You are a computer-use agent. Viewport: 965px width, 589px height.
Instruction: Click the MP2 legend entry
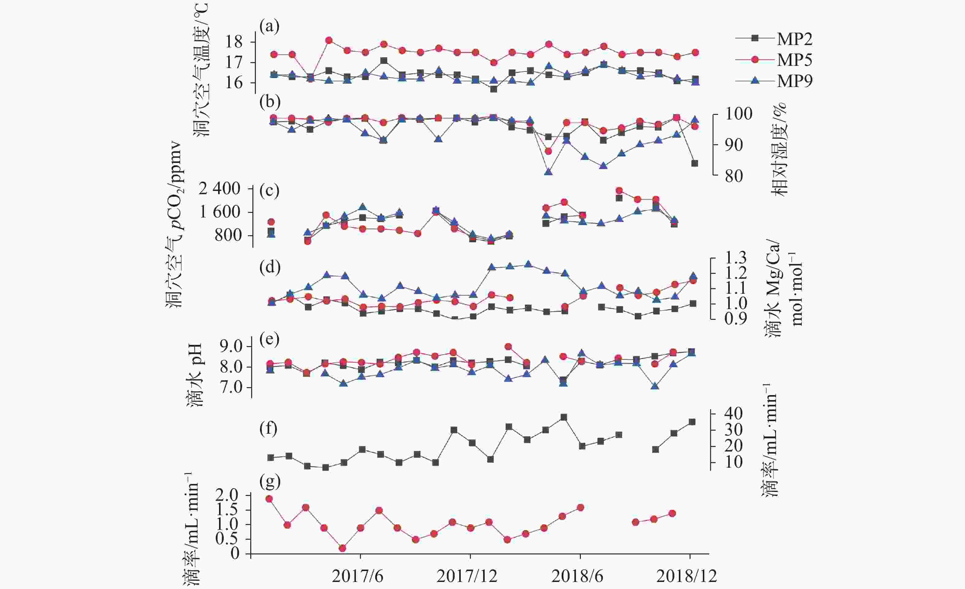794,39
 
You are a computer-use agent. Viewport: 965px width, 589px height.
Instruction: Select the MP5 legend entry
794,60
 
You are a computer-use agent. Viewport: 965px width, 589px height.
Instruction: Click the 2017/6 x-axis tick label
357,576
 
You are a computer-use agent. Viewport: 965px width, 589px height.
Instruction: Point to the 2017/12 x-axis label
467,576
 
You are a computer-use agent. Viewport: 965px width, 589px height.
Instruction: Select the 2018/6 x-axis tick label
577,576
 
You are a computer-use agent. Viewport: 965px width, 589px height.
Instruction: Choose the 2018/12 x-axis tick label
687,576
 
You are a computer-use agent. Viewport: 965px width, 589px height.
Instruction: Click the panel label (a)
270,27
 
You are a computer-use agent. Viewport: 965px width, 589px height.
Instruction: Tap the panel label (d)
270,267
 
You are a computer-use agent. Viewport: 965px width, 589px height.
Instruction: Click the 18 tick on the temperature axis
234,42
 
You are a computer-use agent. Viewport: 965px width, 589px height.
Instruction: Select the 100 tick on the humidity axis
739,114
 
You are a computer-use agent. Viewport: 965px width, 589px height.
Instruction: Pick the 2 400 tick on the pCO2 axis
219,189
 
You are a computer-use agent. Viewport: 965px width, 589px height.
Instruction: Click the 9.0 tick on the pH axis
232,346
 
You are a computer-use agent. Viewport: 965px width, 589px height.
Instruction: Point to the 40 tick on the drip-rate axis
733,413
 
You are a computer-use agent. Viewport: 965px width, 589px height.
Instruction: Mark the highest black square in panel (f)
564,417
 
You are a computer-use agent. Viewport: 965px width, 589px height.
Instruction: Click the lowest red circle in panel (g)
342,548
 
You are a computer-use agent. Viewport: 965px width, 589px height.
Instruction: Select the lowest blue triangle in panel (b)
549,172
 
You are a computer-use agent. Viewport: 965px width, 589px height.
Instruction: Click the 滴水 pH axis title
195,375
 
